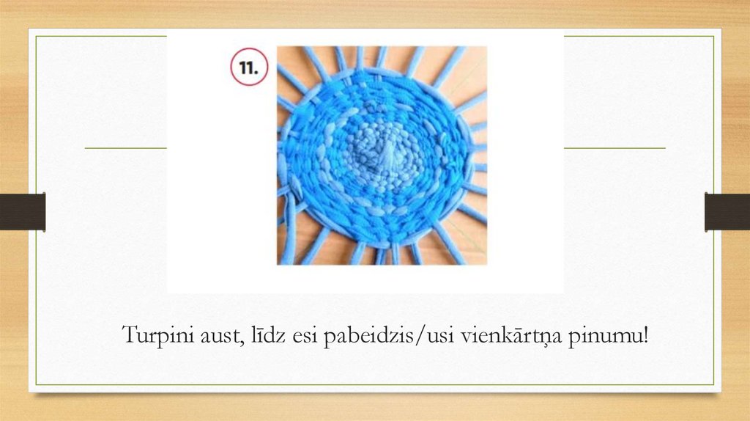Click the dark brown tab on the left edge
click(x=23, y=212)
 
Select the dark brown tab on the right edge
click(x=727, y=212)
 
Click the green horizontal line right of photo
click(x=615, y=148)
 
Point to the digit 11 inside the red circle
click(x=248, y=67)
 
